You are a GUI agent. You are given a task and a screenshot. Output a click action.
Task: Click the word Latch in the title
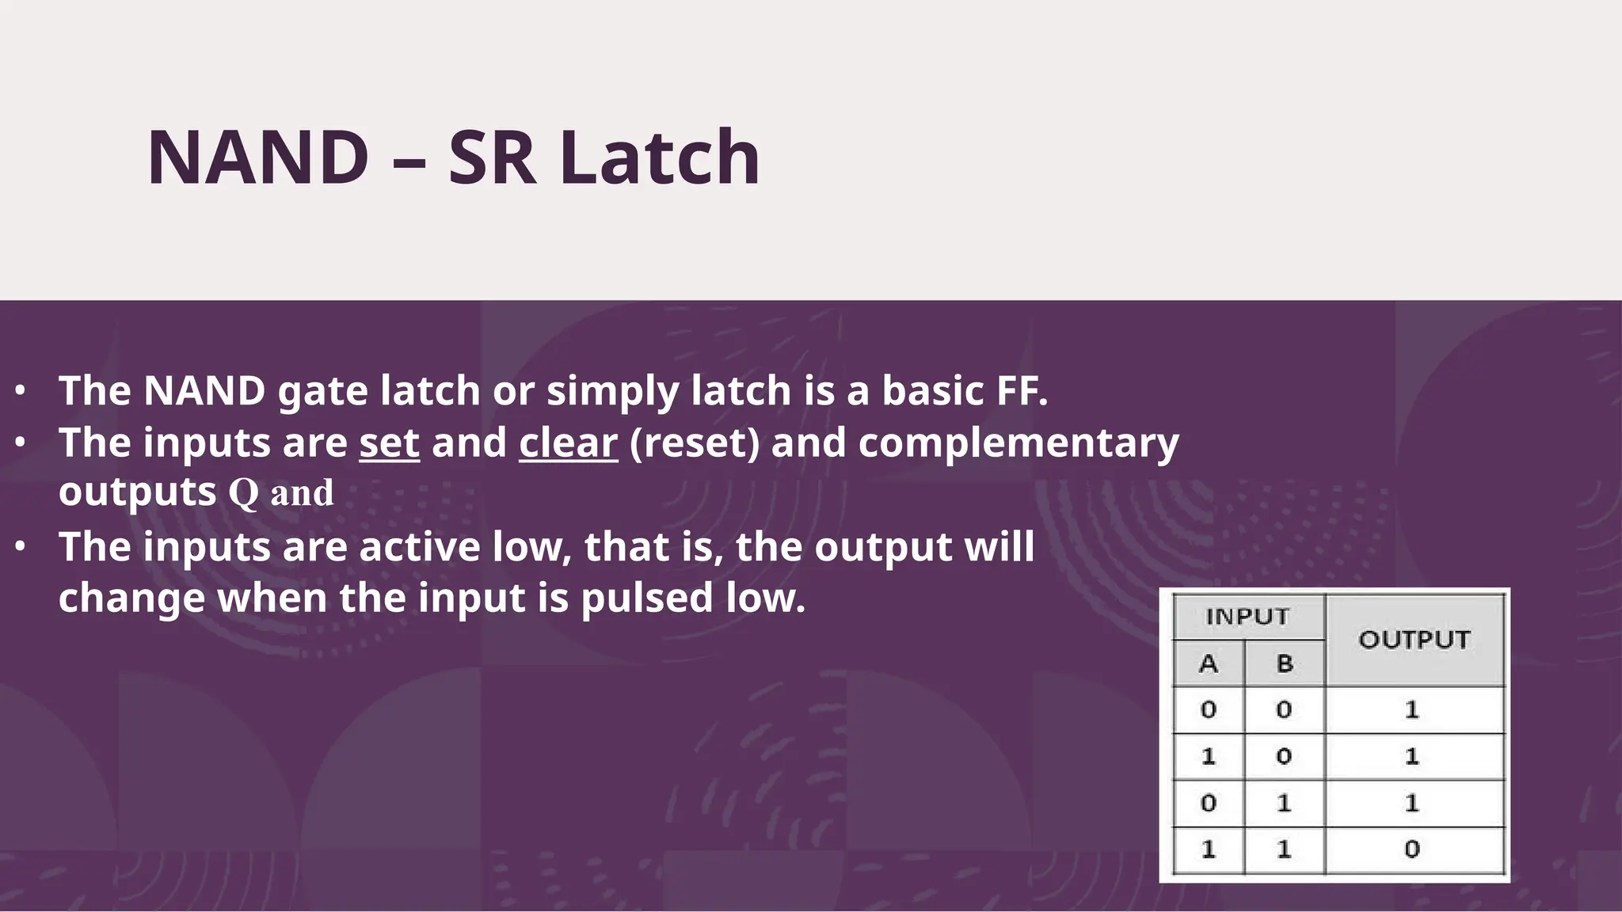660,158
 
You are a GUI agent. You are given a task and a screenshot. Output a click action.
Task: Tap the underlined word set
389,442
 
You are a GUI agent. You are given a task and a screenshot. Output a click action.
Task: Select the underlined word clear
568,442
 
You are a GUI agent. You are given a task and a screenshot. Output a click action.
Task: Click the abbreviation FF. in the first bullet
1017,390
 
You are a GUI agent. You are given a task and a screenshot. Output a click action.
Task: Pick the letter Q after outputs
243,492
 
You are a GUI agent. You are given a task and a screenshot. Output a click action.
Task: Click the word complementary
1019,442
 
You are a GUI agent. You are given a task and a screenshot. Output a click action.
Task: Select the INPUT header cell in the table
1247,617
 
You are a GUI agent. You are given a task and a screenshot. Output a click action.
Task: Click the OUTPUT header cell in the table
1414,640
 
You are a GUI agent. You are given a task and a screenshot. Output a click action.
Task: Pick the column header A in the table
1208,663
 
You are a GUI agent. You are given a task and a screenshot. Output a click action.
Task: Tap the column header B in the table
1285,663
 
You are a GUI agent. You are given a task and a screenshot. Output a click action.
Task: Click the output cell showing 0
1412,849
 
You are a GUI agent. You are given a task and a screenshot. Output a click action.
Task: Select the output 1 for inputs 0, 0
1412,709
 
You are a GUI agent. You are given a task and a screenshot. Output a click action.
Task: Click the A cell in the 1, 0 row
1208,757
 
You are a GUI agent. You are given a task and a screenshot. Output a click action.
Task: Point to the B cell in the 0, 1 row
1285,804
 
